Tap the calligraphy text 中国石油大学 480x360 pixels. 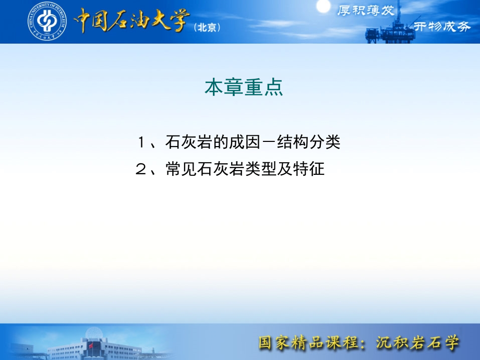click(x=131, y=21)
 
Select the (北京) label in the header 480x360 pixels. click(x=207, y=28)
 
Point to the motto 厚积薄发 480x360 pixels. click(x=366, y=11)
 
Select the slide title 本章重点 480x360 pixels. click(x=244, y=87)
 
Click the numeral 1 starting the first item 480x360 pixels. click(x=140, y=142)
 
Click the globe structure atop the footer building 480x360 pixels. click(x=94, y=332)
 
